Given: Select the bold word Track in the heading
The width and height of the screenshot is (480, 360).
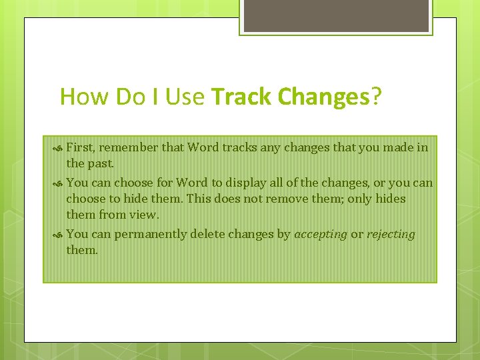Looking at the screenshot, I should [242, 97].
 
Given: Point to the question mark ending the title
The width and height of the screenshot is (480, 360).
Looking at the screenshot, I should [377, 97].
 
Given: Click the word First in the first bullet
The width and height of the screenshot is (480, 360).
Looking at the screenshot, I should [80, 147].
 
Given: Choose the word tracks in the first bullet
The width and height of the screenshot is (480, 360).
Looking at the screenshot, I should [229, 147].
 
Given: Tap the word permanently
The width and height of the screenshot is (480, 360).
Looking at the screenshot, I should [151, 234].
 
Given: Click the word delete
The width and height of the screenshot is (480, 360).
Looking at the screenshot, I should [207, 234].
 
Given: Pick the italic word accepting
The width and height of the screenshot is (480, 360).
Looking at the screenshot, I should [321, 234].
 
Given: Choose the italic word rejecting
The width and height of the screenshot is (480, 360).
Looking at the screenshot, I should [391, 234].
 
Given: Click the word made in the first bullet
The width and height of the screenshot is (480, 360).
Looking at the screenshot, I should [399, 147].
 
